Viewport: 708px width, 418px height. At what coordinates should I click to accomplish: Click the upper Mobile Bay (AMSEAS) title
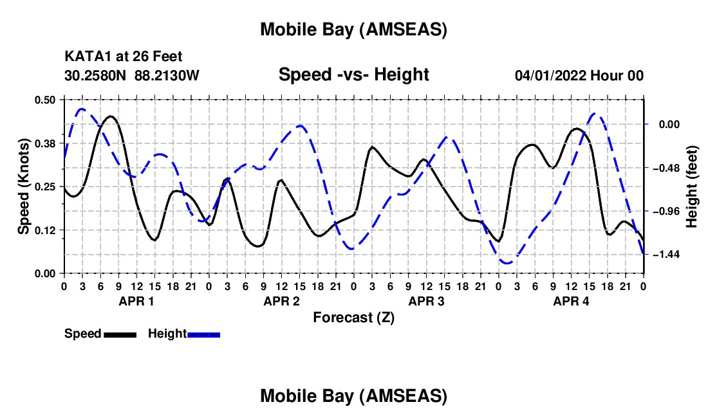353,30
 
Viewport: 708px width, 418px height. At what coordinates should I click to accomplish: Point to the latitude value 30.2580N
97,76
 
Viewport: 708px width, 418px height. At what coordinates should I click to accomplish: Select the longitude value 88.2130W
167,76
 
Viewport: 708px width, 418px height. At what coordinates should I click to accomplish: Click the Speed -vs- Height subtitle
353,75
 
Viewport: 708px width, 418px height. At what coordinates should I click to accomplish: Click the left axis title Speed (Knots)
23,186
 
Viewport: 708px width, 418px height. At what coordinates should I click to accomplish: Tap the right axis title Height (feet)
693,186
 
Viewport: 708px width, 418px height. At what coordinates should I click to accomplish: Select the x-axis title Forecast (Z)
353,317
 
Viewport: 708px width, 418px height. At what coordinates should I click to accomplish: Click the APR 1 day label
136,301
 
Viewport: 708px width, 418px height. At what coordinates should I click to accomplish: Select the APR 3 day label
426,301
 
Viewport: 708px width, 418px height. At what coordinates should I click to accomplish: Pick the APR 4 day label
571,301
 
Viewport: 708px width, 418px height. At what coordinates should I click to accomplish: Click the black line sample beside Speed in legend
120,334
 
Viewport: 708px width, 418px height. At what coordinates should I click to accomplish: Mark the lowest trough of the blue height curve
507,263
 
